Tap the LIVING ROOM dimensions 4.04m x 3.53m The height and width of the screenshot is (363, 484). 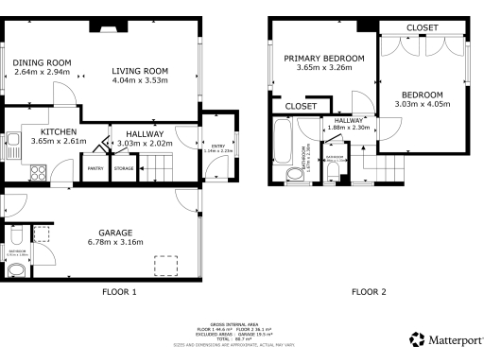[139, 80]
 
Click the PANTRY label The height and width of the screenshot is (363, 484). [95, 168]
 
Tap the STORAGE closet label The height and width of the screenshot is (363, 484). [124, 168]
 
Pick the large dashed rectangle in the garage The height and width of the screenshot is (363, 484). [168, 264]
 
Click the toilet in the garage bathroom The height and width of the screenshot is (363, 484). [17, 270]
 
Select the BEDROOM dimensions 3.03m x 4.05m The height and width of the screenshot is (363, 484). [421, 105]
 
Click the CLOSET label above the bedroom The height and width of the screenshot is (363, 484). [422, 28]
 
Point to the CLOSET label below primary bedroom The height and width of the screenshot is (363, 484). [301, 106]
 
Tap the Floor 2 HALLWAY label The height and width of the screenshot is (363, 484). [348, 120]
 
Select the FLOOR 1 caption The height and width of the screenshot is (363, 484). [119, 292]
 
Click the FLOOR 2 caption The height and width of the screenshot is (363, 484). [369, 292]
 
